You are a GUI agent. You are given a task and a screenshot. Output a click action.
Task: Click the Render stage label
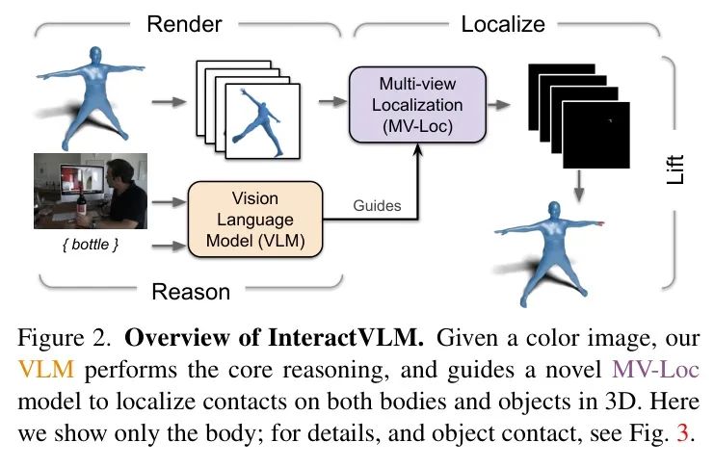click(184, 24)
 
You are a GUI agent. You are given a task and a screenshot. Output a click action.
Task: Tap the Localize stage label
click(503, 24)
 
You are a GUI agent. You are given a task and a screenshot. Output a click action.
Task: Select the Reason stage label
click(191, 292)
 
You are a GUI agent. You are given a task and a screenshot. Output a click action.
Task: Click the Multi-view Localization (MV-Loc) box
click(417, 105)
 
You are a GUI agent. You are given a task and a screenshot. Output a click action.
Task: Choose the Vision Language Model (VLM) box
click(255, 220)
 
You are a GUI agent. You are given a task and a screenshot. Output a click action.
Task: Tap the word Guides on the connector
click(377, 205)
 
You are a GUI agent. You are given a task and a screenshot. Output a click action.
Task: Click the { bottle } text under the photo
click(91, 245)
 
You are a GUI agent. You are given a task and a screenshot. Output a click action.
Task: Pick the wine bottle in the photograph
click(82, 204)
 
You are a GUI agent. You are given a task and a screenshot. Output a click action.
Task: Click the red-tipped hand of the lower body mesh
click(599, 223)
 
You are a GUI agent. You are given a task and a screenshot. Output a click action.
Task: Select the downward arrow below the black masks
click(579, 186)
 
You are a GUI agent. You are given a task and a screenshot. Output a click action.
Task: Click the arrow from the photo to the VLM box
click(169, 201)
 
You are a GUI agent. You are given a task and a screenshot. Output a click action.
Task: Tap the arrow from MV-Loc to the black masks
click(498, 105)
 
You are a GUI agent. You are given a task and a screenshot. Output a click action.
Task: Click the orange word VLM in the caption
click(46, 369)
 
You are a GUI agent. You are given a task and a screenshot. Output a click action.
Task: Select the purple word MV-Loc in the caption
click(656, 369)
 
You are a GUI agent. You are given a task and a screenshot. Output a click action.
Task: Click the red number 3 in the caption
click(682, 433)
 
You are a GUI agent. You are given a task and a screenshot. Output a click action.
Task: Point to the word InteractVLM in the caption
click(346, 338)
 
